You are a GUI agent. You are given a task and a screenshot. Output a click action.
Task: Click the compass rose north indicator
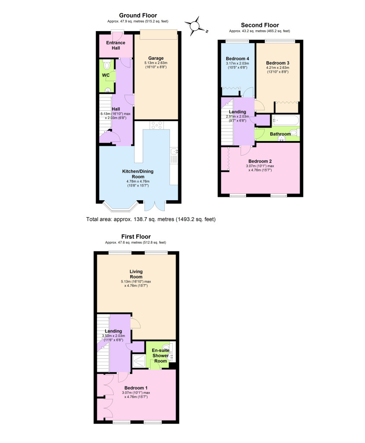(195, 26)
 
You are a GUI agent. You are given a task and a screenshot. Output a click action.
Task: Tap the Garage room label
(156, 58)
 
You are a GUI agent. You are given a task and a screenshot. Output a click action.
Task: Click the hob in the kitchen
(156, 125)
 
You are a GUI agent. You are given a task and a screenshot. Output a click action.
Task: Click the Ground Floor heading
(138, 16)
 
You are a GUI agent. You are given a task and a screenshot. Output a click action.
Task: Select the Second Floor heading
(259, 25)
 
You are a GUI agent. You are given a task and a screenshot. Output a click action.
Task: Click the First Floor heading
(136, 237)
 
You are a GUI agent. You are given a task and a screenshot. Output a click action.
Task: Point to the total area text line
(151, 219)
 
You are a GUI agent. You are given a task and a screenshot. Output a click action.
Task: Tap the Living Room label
(136, 274)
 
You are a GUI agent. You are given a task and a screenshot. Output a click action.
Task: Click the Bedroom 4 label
(237, 58)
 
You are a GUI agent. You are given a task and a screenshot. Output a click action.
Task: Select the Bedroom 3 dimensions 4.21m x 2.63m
(277, 67)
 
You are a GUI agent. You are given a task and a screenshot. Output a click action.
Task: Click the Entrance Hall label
(116, 45)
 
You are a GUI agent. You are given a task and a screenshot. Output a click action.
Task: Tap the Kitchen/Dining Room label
(138, 171)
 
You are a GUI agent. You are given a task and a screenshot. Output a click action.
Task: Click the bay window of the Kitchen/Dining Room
(118, 207)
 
